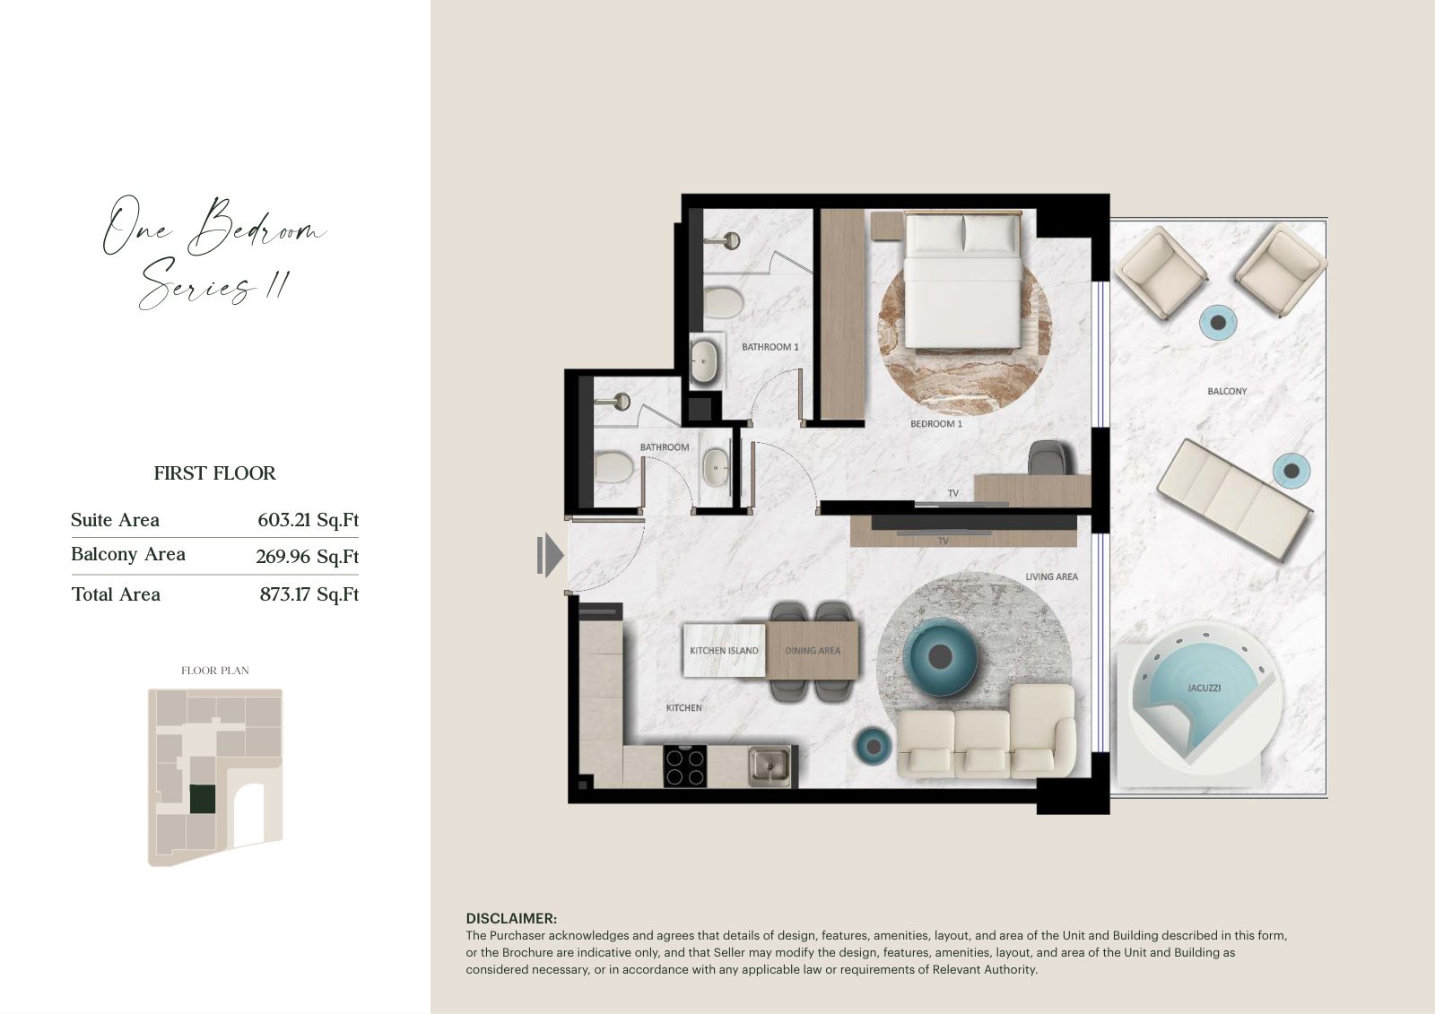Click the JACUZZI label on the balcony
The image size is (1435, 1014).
point(1204,688)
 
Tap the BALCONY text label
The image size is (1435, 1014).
point(1227,391)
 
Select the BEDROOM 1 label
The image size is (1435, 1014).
point(936,423)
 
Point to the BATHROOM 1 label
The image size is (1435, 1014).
point(770,347)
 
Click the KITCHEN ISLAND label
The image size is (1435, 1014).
point(724,650)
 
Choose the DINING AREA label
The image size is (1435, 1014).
point(813,650)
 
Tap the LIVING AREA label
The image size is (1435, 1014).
point(1051,576)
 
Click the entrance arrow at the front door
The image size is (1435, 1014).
point(550,555)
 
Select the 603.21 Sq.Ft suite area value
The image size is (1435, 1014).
point(309,519)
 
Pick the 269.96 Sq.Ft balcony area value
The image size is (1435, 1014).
point(308,556)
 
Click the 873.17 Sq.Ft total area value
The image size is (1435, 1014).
point(309,594)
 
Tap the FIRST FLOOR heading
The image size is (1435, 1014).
point(214,472)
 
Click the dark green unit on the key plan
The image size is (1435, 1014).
point(203,800)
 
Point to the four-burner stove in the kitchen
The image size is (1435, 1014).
point(685,767)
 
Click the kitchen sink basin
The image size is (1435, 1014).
point(770,767)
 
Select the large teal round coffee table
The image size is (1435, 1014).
point(940,656)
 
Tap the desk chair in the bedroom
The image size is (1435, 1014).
point(1047,457)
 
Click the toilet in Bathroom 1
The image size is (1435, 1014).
point(723,302)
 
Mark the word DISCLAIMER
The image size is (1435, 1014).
point(511,918)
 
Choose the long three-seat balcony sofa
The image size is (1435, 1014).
point(1234,499)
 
